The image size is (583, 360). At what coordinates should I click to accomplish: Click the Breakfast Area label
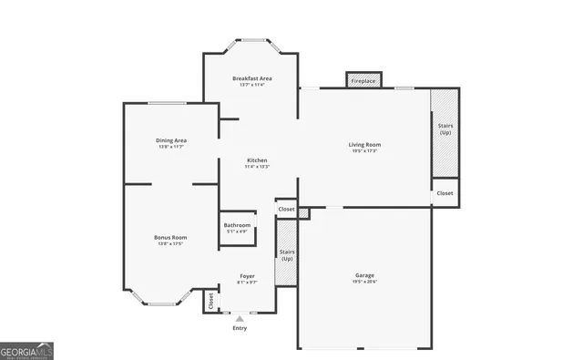pos(252,78)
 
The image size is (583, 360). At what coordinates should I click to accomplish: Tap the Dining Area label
pos(171,140)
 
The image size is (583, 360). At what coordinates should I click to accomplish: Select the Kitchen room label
pos(256,160)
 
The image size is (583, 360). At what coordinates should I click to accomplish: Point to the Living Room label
pos(364,144)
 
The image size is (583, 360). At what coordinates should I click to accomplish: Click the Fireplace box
pos(363,81)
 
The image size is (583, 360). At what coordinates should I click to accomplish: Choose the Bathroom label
pos(238,224)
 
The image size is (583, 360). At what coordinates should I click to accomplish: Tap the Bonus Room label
pos(170,237)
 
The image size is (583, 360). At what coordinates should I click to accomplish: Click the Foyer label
pos(247,275)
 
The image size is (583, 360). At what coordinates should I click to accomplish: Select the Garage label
pos(364,275)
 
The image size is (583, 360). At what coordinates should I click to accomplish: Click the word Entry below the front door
pos(240,328)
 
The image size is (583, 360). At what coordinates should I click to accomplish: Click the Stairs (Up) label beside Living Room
pos(445,129)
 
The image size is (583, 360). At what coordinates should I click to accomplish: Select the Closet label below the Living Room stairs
pos(445,193)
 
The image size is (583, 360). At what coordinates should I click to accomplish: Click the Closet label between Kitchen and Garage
pos(286,209)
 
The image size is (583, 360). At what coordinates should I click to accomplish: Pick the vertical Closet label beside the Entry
pos(211,301)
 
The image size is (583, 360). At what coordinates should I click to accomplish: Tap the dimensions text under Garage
pos(364,282)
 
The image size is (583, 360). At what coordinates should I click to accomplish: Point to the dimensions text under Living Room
pos(364,150)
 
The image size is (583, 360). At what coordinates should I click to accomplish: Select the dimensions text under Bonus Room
pos(170,243)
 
